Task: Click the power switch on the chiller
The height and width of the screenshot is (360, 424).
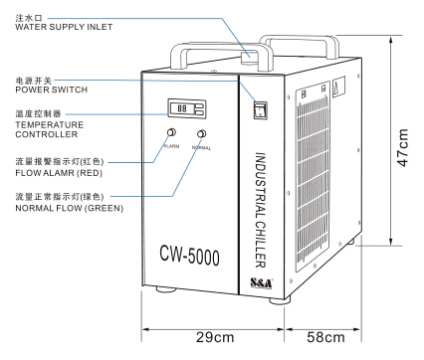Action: tap(261, 110)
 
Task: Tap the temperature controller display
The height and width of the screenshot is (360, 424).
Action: tap(187, 108)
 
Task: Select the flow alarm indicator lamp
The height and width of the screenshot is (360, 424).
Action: tap(171, 132)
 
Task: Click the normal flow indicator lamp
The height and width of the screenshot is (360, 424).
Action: tap(201, 134)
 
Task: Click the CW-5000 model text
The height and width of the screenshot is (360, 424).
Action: tap(189, 256)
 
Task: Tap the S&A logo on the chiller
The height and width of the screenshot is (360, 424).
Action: tap(261, 283)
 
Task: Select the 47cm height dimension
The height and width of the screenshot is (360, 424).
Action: tap(402, 147)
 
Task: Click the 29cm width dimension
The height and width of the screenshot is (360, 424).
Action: tap(215, 337)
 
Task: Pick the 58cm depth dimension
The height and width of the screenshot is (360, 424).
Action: tap(325, 337)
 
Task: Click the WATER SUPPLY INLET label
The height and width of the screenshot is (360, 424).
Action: tap(64, 27)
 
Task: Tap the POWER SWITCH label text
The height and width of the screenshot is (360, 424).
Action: tap(52, 90)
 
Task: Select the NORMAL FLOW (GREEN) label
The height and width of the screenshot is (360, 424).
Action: tap(70, 208)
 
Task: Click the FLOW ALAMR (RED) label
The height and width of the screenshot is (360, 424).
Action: tap(59, 173)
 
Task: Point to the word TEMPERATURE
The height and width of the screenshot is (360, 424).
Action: tap(50, 125)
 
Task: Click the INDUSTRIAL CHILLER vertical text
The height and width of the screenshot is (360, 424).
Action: tap(261, 210)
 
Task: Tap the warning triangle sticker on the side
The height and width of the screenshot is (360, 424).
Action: tap(338, 87)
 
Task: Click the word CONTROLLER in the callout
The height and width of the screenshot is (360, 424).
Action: tap(47, 134)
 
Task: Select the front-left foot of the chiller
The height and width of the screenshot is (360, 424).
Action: tap(166, 289)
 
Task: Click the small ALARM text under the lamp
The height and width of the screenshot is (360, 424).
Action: tap(171, 146)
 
